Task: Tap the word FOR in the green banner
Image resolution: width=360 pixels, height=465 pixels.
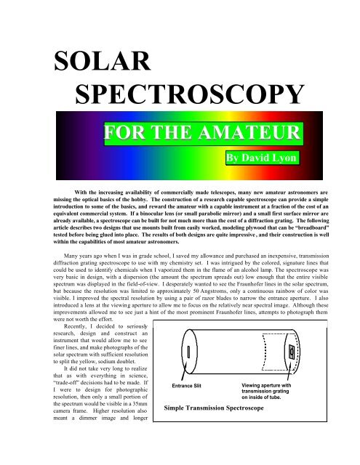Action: [x=122, y=134]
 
